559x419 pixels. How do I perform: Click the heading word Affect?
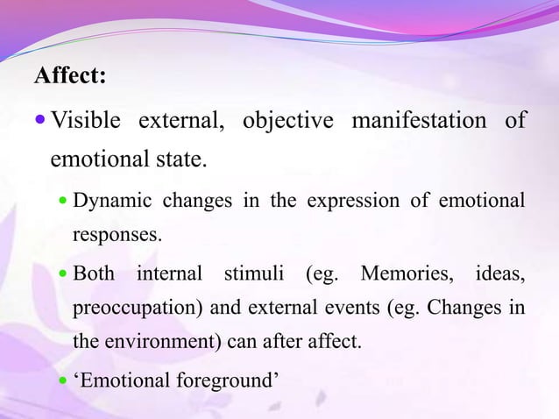(x=70, y=76)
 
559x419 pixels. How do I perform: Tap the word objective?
(x=287, y=120)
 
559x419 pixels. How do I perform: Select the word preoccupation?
(x=126, y=309)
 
